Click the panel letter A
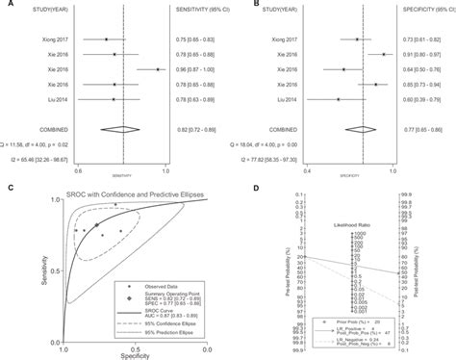[7, 5]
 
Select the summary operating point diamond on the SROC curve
[98, 227]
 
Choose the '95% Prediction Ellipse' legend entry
[175, 333]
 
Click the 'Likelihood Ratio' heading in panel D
[357, 220]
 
